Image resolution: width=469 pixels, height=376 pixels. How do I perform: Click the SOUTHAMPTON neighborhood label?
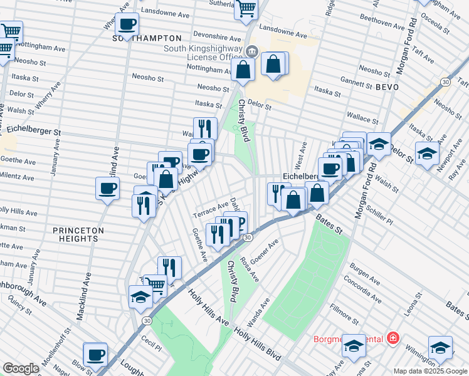[x=142, y=38]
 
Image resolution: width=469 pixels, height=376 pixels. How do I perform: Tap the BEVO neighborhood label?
[x=387, y=87]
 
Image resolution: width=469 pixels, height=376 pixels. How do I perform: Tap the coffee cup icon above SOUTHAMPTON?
[x=128, y=24]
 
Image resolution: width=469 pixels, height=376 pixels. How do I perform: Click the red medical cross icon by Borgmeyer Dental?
[x=393, y=338]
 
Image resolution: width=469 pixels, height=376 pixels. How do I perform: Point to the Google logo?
[x=21, y=368]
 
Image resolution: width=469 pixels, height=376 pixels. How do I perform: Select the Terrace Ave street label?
[x=211, y=207]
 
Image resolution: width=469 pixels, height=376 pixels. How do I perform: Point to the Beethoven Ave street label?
[x=380, y=25]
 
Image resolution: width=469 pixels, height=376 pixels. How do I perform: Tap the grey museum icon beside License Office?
[x=251, y=51]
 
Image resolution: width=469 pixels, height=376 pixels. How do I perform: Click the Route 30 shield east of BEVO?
[x=445, y=82]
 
